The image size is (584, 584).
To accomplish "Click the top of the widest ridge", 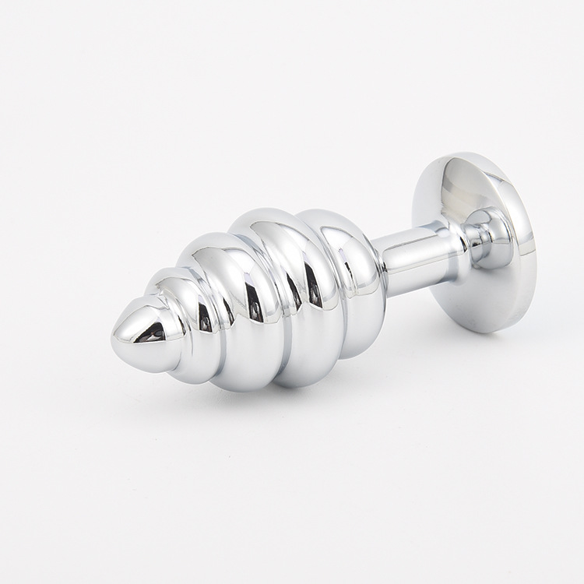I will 269,213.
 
